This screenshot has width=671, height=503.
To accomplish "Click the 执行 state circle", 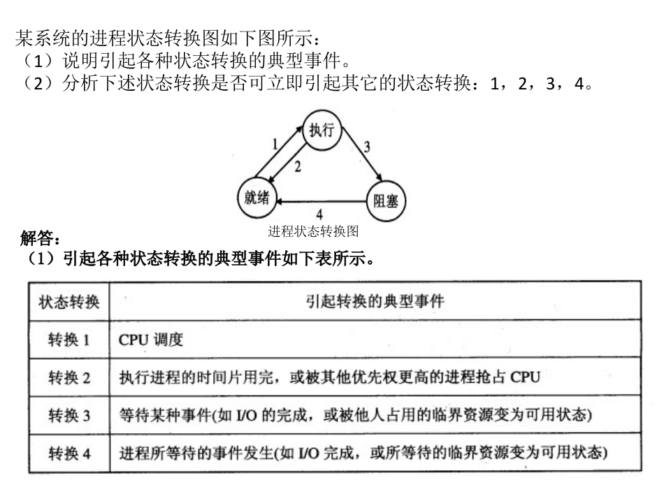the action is [322, 131].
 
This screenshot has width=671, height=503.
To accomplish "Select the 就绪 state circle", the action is [257, 198].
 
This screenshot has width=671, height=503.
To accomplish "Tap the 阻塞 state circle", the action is [387, 201].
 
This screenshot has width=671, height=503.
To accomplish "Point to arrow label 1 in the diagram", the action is [275, 145].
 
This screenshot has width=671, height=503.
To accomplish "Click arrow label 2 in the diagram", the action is [298, 166].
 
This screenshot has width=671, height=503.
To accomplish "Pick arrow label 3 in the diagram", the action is [366, 147].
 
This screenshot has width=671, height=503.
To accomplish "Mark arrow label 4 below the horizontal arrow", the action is [319, 214].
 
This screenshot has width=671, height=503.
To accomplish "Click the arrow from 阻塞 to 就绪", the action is [322, 202].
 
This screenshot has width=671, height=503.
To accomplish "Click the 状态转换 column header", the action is [69, 302].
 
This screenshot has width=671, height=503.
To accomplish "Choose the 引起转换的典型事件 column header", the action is [375, 301].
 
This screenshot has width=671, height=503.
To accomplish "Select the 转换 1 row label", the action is [69, 340].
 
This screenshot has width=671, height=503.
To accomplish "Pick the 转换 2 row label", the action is [69, 378].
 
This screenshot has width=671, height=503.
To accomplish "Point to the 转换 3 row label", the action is [69, 416].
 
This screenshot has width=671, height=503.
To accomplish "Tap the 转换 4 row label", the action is [69, 453].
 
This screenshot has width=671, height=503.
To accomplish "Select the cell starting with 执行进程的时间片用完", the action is [329, 378].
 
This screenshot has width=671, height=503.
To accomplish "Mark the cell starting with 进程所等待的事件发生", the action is [363, 453].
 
